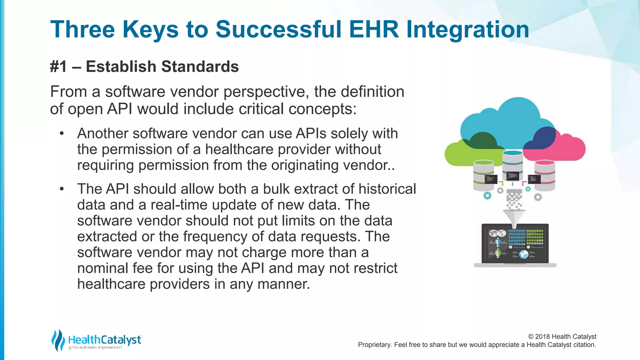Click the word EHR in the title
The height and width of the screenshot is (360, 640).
pos(374,29)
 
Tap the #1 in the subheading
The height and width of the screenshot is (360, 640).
pos(58,67)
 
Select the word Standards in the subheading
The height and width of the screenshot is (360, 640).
pos(200,67)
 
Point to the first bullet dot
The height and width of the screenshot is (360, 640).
pos(62,134)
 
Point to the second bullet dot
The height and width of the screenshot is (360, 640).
pos(62,189)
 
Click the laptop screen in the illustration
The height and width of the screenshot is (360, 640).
pos(515,244)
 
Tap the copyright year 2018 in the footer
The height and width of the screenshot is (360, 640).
pos(542,337)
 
